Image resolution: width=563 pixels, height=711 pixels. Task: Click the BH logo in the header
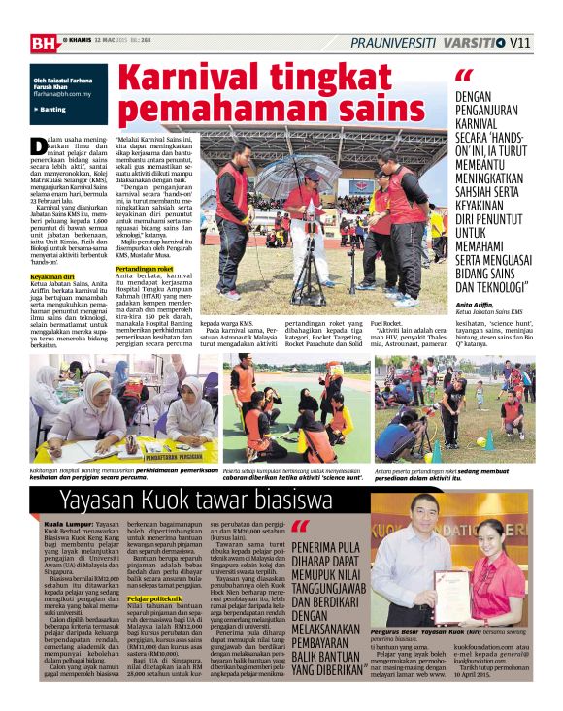coord(44,42)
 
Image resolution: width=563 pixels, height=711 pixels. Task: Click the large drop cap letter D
coord(39,146)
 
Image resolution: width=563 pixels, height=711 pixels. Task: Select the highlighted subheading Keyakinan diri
coord(52,276)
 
